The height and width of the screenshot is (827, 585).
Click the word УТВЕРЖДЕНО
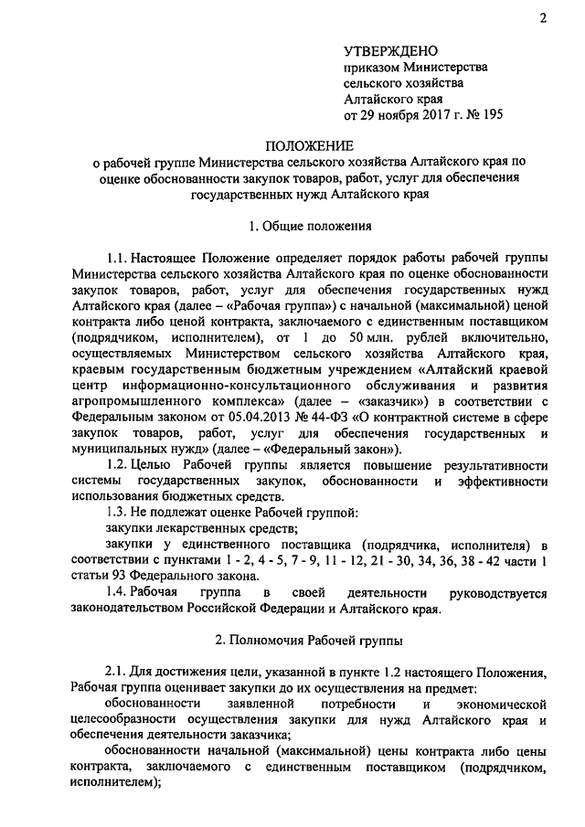(x=390, y=50)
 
